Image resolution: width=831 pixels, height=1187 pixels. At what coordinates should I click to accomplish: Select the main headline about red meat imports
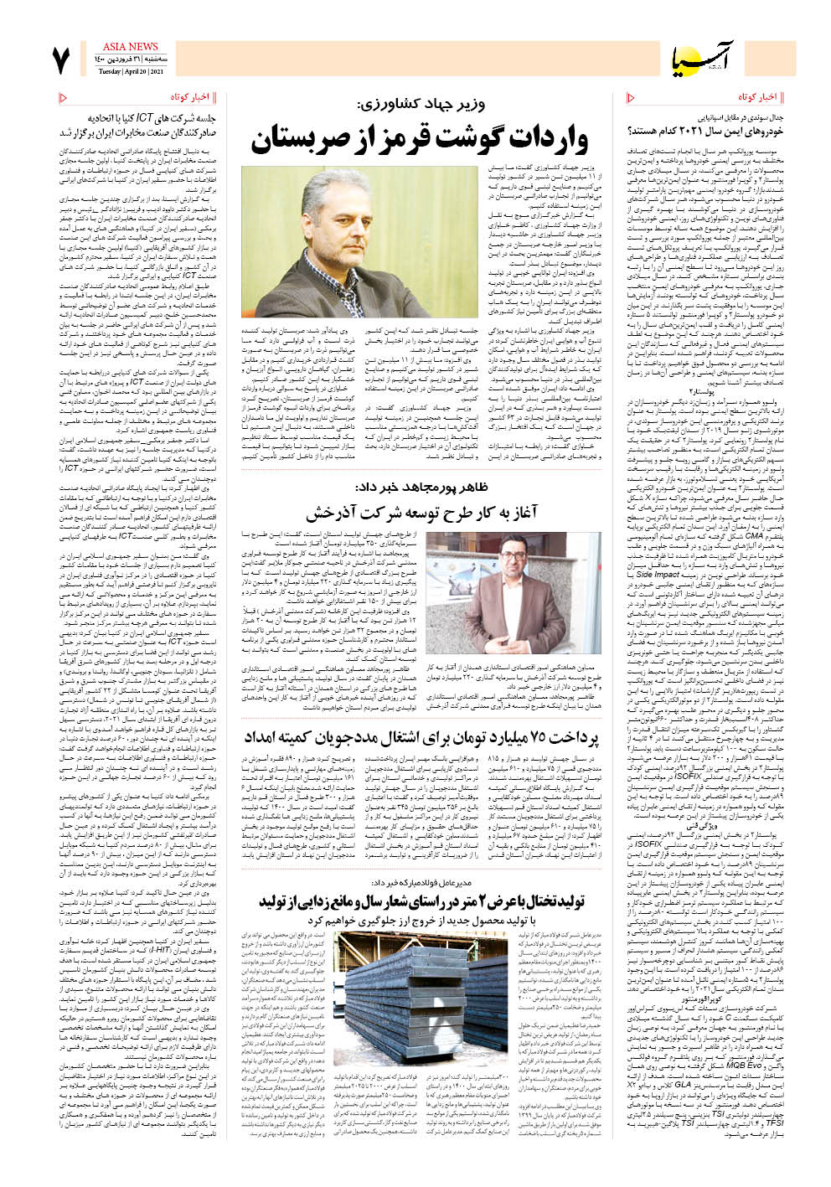tap(420, 138)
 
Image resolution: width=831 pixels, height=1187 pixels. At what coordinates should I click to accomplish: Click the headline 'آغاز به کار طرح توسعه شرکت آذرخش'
tap(421, 512)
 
